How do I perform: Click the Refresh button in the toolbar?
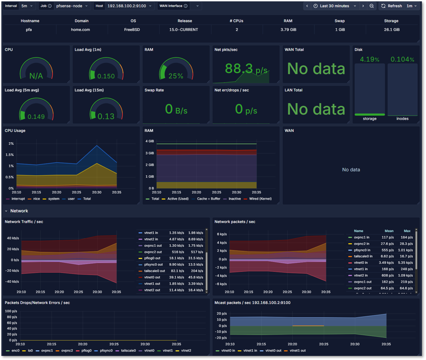point(391,6)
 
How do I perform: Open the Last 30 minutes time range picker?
point(334,6)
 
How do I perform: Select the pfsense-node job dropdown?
point(72,6)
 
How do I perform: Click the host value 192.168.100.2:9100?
point(126,6)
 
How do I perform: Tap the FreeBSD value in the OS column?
point(133,30)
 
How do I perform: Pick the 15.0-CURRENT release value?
point(184,30)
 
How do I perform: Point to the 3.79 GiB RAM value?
point(288,30)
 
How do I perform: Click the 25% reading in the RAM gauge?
point(176,76)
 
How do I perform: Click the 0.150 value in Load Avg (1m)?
point(106,76)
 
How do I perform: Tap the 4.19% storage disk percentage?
point(369,59)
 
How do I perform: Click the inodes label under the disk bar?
point(402,119)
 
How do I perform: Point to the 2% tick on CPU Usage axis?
point(11,144)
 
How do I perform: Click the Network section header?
point(19,211)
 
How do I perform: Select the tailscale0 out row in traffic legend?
point(155,271)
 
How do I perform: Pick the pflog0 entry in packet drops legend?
point(86,350)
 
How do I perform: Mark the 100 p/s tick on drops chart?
point(11,311)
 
